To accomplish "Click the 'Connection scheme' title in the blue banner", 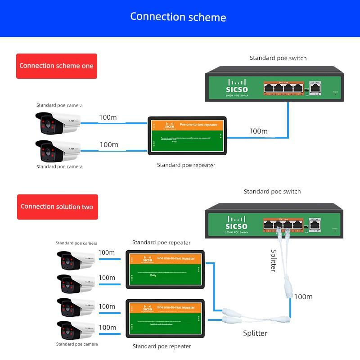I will pyautogui.click(x=178, y=17).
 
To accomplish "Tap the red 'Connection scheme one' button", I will pyautogui.click(x=56, y=66).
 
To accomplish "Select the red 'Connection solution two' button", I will pyautogui.click(x=57, y=207).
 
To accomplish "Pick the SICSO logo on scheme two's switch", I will pyautogui.click(x=236, y=223).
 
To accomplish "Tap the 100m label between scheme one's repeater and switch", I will pyautogui.click(x=258, y=131).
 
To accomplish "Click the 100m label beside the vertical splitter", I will pyautogui.click(x=303, y=297).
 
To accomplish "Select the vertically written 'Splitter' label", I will pyautogui.click(x=273, y=261).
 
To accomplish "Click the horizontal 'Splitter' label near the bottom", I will pyautogui.click(x=255, y=333).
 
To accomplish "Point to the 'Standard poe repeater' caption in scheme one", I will pyautogui.click(x=186, y=165).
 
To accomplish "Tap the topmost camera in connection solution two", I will pyautogui.click(x=75, y=260).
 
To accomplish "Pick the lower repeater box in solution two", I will pyautogui.click(x=165, y=319).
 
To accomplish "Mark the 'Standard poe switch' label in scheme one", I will pyautogui.click(x=278, y=58).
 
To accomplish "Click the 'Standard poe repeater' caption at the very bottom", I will pyautogui.click(x=162, y=346).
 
